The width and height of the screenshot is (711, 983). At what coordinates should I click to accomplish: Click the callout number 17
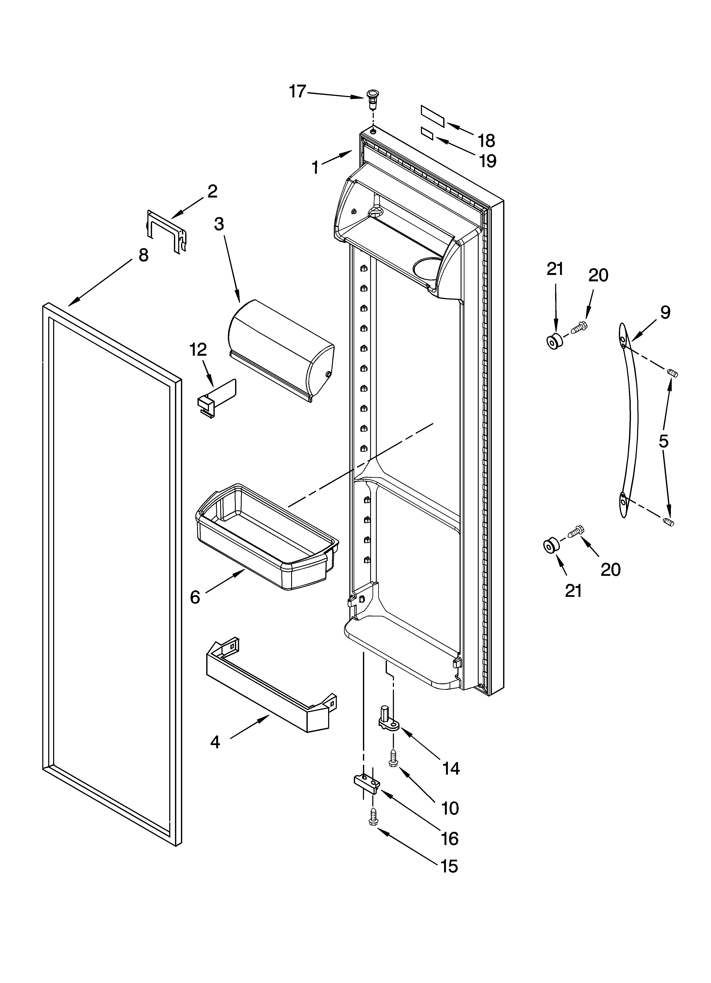click(x=298, y=91)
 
